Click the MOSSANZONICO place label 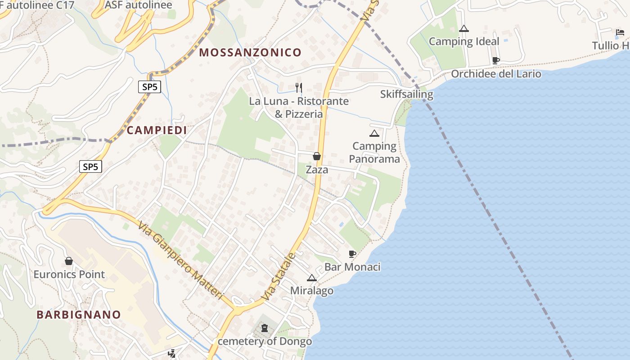click(250, 53)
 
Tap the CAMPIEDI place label click(157, 130)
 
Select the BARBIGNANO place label click(79, 315)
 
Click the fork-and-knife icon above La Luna click(298, 87)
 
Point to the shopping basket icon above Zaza click(317, 156)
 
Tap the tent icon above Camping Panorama click(374, 133)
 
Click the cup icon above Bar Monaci click(352, 254)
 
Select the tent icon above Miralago click(311, 278)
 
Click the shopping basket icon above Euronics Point click(69, 261)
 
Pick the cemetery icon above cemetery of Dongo click(265, 328)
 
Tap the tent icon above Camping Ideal click(463, 29)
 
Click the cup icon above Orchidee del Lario click(496, 60)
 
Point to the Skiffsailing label click(406, 94)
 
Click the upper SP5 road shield click(149, 87)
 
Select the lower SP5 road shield click(90, 167)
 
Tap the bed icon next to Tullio click(620, 32)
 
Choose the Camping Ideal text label click(464, 42)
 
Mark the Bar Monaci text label click(352, 267)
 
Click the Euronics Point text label click(69, 274)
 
